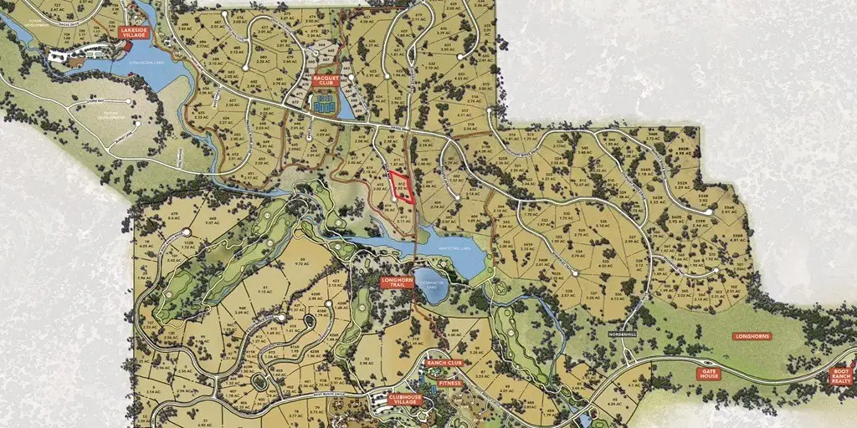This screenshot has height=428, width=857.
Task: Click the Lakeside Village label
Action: [x=134, y=33]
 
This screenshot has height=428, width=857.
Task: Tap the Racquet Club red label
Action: [x=324, y=80]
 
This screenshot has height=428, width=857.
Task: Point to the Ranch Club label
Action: [x=444, y=363]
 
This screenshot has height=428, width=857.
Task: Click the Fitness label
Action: [x=449, y=383]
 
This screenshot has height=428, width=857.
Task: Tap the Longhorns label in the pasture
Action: [x=751, y=336]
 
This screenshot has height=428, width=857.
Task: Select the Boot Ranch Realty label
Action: [x=840, y=376]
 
